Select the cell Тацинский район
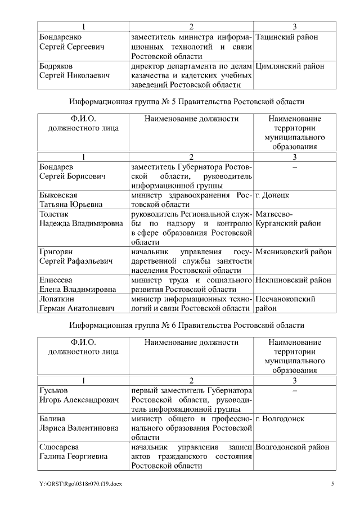286,37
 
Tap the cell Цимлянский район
290,66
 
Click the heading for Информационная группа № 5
187,102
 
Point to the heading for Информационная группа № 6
187,325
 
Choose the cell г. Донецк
273,195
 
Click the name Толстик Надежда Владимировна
81,219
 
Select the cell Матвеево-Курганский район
288,219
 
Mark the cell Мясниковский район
293,252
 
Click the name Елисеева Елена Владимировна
78,285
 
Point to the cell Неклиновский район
293,280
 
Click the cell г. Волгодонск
280,419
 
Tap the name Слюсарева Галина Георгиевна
73,452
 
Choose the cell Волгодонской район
292,447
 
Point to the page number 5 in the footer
332,484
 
